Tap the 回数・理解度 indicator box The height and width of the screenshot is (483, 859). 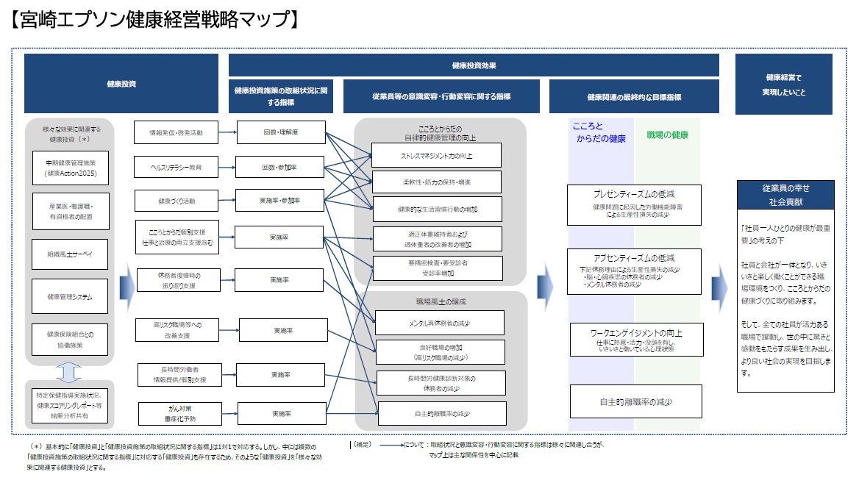point(281,133)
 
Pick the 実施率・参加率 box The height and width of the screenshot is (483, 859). point(281,201)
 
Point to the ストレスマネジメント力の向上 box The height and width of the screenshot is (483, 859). point(436,156)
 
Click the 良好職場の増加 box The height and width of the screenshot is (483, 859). point(440,352)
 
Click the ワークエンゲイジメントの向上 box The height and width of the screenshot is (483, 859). point(637,340)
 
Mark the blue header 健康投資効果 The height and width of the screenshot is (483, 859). point(474,65)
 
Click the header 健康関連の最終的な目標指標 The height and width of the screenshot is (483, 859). point(633,96)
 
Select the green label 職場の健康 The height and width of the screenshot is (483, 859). point(667,135)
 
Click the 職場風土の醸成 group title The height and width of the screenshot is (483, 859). point(441,301)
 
